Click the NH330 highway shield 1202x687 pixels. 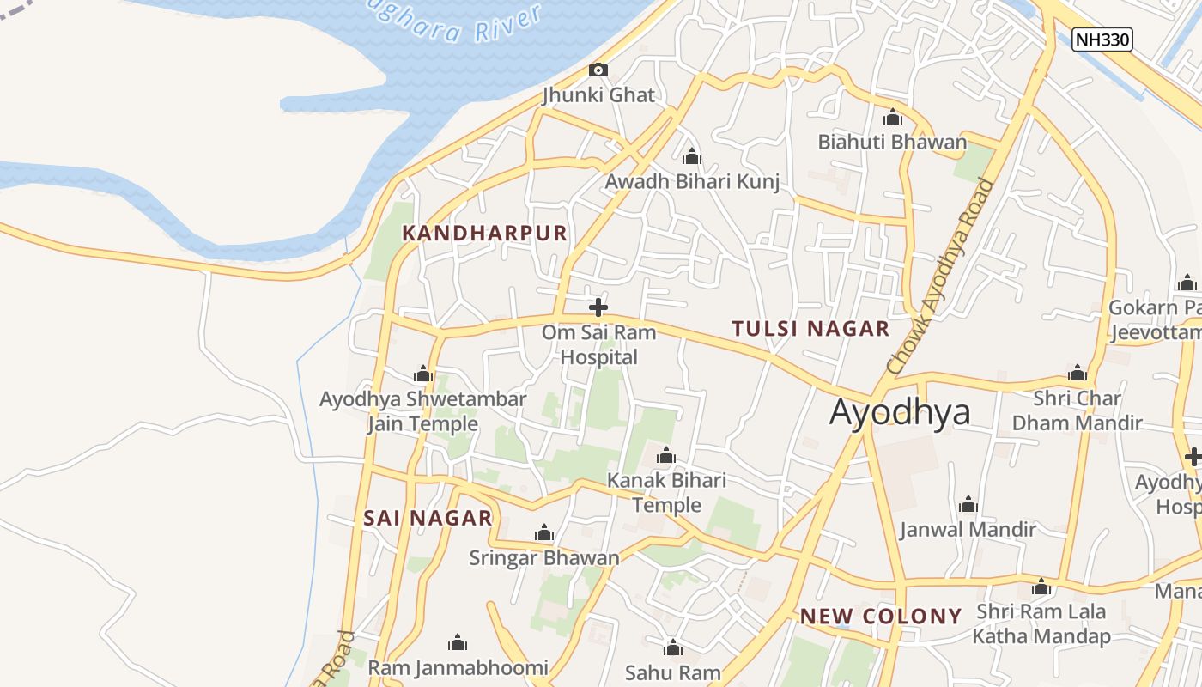pos(1102,39)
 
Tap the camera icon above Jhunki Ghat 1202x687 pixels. pos(598,70)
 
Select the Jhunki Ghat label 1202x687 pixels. pos(598,94)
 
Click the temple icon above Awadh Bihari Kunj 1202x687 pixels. pos(692,157)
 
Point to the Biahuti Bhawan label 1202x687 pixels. pos(892,142)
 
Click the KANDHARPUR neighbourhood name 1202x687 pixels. pos(485,233)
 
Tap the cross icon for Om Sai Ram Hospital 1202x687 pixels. pos(598,307)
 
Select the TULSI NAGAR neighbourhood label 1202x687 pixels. pos(810,328)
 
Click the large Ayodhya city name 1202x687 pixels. pos(900,412)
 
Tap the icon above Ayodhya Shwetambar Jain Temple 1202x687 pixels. pos(422,374)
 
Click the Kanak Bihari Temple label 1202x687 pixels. pos(666,492)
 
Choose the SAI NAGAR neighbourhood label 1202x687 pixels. pos(428,518)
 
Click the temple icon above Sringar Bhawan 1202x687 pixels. pos(544,533)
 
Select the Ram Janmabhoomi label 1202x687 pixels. pos(458,667)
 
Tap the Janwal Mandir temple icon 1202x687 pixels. pos(968,504)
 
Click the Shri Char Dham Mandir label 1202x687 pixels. pos(1077,410)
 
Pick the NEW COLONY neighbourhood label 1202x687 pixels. pos(881,616)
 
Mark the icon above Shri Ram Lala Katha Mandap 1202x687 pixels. pos(1041,587)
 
